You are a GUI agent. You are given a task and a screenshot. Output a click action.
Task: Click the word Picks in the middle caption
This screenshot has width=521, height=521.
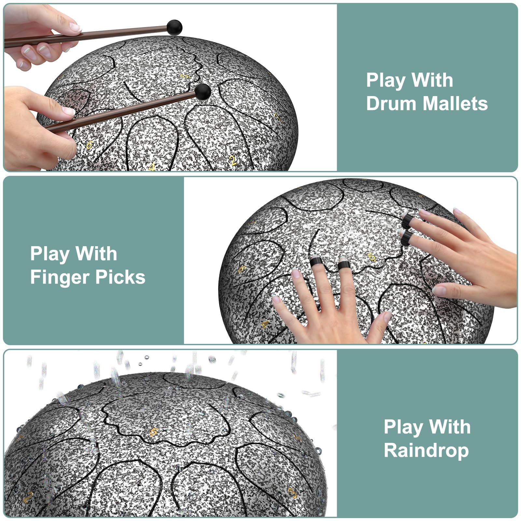[120, 277]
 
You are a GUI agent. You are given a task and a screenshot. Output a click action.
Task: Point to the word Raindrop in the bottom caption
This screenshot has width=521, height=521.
[426, 451]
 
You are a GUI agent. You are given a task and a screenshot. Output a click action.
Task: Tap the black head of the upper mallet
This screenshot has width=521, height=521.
[174, 27]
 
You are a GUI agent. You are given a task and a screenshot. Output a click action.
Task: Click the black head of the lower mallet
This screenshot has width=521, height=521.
[203, 92]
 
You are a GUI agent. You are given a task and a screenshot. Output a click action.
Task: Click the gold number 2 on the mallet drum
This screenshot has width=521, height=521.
[233, 161]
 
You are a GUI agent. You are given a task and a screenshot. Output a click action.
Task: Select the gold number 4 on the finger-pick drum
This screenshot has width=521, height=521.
[265, 324]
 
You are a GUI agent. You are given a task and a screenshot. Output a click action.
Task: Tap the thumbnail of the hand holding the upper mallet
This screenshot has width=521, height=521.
[75, 27]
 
